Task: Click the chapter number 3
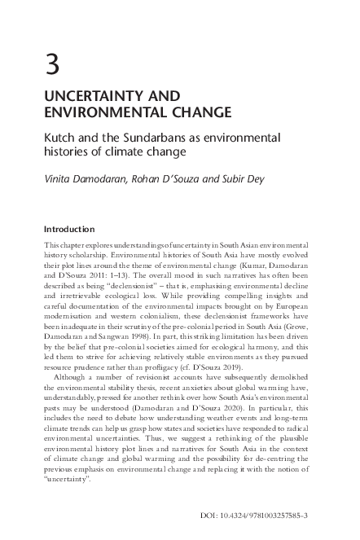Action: [51, 64]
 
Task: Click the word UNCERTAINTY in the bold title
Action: [90, 95]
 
